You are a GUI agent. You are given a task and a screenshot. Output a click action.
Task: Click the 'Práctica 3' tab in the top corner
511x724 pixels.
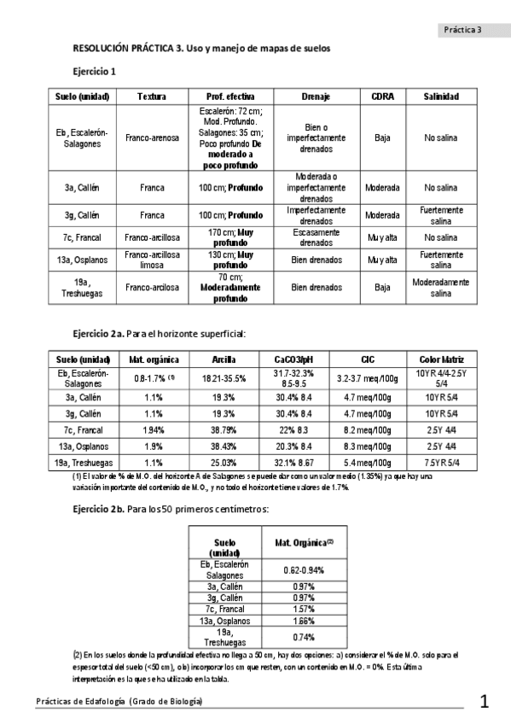(463, 29)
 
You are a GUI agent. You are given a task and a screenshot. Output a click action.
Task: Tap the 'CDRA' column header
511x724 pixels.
(383, 96)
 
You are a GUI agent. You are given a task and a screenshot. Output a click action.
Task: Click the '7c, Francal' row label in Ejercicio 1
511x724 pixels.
(82, 236)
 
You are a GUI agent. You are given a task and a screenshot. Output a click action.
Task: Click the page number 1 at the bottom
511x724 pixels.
(485, 702)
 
